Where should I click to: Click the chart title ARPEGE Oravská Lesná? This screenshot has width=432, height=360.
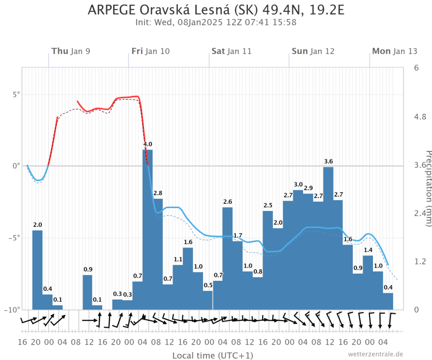(216, 10)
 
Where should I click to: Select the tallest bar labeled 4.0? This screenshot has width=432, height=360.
(147, 230)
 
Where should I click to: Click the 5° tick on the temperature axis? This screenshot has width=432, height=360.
(17, 94)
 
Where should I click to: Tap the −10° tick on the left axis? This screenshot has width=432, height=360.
(14, 310)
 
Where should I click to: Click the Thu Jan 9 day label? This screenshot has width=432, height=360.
(71, 51)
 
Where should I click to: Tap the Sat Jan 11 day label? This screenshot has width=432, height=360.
(231, 51)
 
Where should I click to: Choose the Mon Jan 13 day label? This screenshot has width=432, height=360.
(394, 51)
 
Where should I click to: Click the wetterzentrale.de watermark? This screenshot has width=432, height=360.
(375, 354)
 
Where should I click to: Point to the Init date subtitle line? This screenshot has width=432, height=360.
(216, 22)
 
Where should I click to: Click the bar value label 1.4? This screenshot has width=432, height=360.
(368, 250)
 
